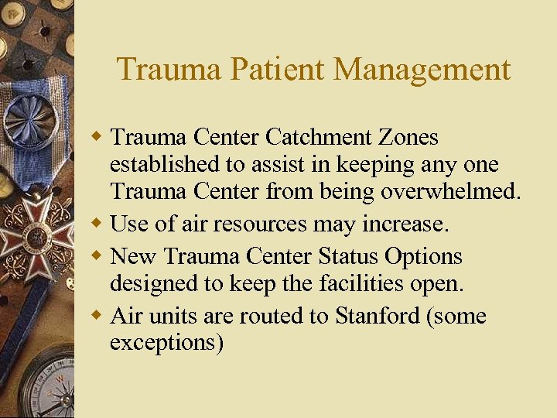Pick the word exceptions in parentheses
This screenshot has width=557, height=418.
click(166, 343)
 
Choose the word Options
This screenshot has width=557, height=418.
click(422, 255)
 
